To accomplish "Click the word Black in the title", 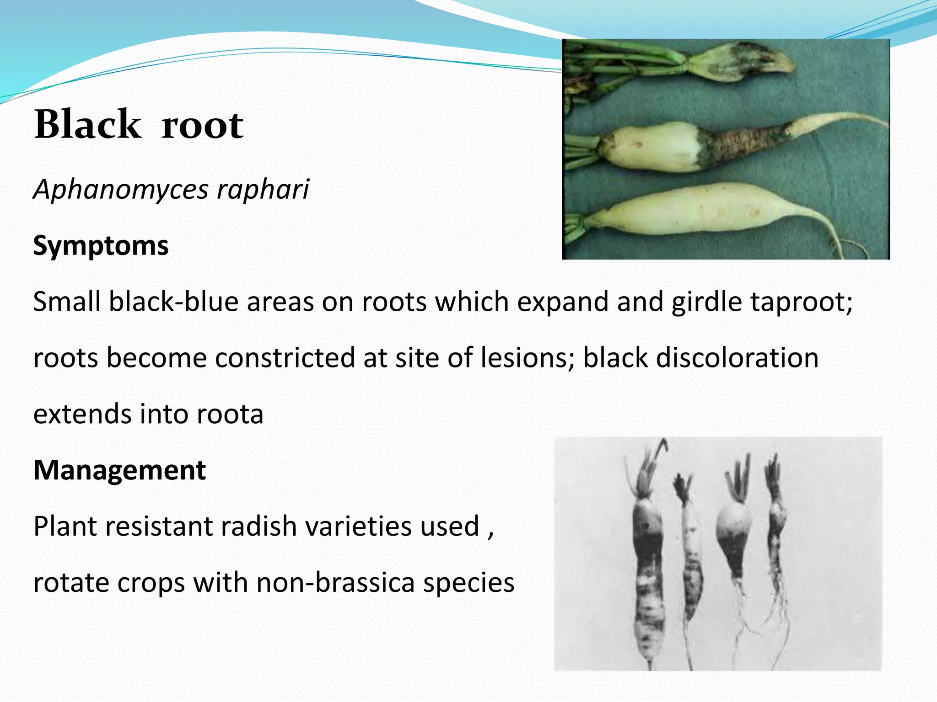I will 87,124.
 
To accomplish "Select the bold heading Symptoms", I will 101,245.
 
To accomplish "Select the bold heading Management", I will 119,470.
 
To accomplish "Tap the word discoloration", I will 737,357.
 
